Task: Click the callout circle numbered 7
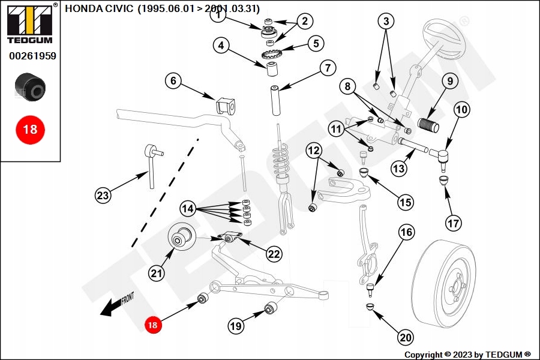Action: (x=327, y=68)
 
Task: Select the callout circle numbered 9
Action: (x=449, y=81)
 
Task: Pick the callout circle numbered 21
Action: (x=157, y=274)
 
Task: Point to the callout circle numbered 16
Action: (x=406, y=232)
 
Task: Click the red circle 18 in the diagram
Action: (x=152, y=325)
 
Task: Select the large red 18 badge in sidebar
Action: (x=29, y=129)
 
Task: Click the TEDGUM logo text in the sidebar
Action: (x=29, y=40)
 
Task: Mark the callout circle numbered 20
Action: (x=406, y=338)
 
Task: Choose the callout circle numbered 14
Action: (x=188, y=208)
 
